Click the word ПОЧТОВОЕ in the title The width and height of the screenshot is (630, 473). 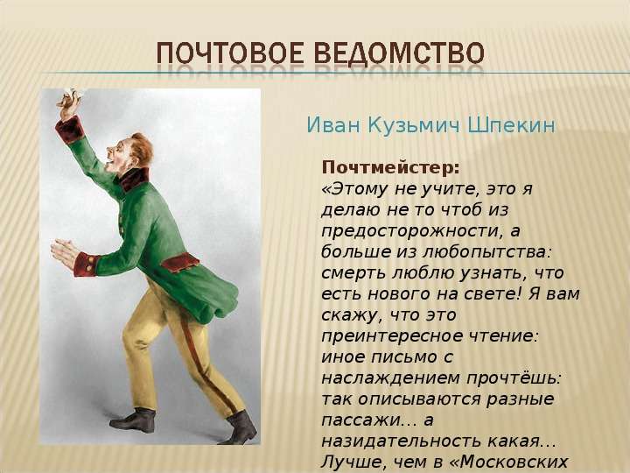click(229, 53)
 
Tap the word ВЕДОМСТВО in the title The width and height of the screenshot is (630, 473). click(399, 53)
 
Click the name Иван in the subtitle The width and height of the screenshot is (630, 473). click(334, 125)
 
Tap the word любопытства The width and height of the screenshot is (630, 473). click(486, 252)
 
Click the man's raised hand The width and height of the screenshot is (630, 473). click(69, 102)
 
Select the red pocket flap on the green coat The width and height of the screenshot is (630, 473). click(180, 263)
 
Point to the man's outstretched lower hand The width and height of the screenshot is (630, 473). click(65, 252)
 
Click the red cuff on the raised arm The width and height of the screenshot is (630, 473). click(70, 130)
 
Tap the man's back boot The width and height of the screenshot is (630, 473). click(134, 420)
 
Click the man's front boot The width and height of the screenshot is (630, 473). click(239, 428)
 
